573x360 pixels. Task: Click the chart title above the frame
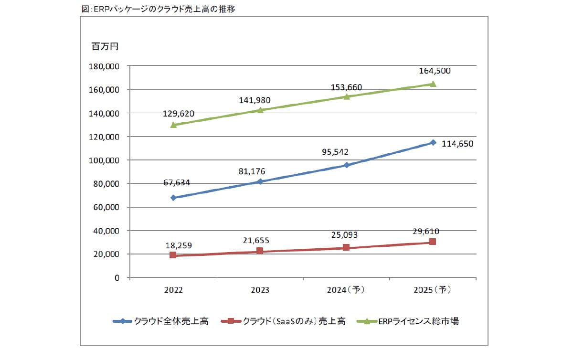pos(159,9)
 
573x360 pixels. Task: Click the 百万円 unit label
pos(105,47)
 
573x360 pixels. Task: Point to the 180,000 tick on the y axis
pos(105,66)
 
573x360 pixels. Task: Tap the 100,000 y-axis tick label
pos(105,160)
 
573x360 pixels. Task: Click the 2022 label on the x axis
pos(173,290)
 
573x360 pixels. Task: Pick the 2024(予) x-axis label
pos(346,290)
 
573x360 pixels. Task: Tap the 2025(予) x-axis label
pos(432,290)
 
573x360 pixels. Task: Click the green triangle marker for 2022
pos(173,125)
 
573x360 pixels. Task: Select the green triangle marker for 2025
pos(433,84)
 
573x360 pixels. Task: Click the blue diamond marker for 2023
pos(260,182)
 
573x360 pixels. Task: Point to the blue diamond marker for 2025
pos(433,142)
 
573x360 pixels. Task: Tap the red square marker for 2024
pos(346,248)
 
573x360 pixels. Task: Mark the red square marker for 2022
pos(173,255)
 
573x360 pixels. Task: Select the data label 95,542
pos(332,152)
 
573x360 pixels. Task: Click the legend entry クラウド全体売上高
pos(161,321)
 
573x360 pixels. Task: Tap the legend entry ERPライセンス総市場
pos(409,321)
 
